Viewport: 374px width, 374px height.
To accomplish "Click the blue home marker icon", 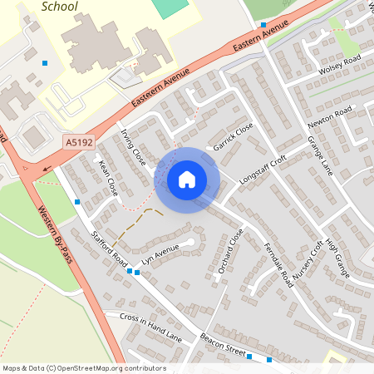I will pos(187,179).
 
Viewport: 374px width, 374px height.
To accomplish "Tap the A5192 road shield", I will pos(77,143).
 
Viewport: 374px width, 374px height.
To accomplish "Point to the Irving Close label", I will pos(133,147).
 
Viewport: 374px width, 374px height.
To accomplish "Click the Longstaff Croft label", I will pos(263,168).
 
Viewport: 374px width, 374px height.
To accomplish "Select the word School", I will pos(59,7).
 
